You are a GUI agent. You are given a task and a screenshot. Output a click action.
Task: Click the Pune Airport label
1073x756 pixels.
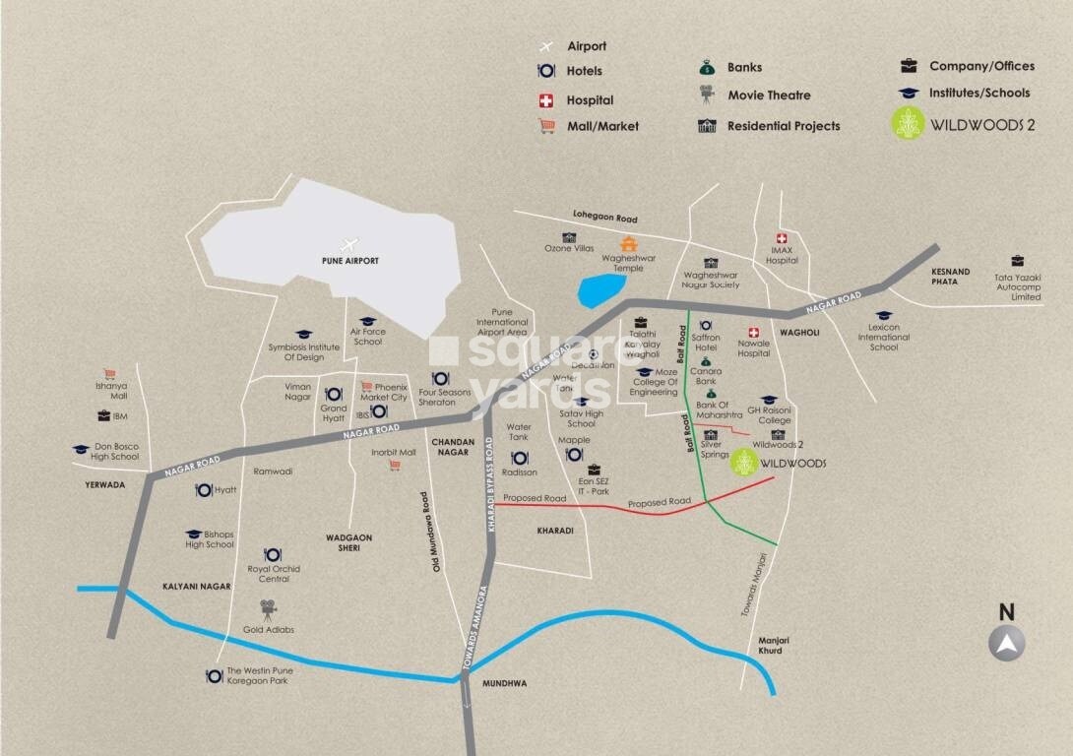point(349,261)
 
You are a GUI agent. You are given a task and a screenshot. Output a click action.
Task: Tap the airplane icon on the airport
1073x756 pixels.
point(347,244)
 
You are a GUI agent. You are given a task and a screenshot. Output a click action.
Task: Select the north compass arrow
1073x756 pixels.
point(1006,644)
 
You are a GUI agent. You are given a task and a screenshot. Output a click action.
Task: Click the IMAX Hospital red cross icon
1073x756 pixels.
point(782,239)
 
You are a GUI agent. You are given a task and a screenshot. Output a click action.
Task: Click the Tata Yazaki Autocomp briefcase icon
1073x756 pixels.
point(1017,261)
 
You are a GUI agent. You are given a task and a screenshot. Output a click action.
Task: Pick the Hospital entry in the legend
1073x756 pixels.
point(577,100)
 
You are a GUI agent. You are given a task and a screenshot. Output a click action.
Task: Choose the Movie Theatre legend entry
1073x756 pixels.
point(756,95)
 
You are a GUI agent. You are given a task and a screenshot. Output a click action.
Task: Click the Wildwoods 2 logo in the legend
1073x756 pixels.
point(907,124)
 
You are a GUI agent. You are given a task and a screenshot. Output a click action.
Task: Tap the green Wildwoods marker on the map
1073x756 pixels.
point(744,464)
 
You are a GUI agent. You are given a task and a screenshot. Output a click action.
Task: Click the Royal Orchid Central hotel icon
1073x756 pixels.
point(273,555)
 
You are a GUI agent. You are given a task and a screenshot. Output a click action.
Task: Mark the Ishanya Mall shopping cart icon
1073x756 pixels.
point(110,374)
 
